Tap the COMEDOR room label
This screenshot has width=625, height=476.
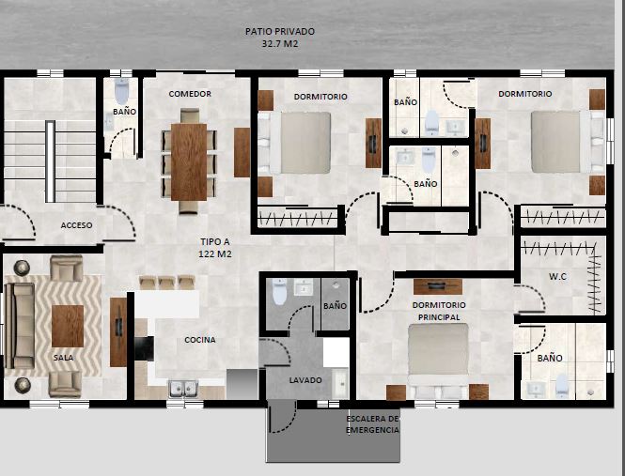coord(190,94)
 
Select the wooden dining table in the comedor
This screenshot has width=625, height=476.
coord(189,161)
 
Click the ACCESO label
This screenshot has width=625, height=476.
coord(76,225)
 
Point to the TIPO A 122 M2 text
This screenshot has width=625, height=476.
coord(215,248)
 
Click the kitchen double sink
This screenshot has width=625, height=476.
coord(184,389)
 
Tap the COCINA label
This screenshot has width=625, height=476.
coord(200,340)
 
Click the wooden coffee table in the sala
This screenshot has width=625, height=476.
coord(68,326)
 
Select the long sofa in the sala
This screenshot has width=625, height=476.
coord(20,326)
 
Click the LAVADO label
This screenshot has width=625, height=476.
coord(305,380)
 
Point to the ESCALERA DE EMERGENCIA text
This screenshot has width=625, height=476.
coord(373,424)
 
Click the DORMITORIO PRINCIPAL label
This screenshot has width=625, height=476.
coord(439,311)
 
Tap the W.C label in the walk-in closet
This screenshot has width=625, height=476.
coord(557,276)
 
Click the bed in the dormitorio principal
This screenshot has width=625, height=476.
coord(438,361)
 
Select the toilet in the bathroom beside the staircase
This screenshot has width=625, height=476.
coord(121,91)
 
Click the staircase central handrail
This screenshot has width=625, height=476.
coord(50,161)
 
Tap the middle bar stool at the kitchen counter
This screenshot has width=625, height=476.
coord(166,283)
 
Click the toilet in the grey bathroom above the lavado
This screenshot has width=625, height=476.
coord(279,292)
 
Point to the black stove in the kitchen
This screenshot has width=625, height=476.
coord(144,348)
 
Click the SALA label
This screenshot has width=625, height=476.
coord(63,358)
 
